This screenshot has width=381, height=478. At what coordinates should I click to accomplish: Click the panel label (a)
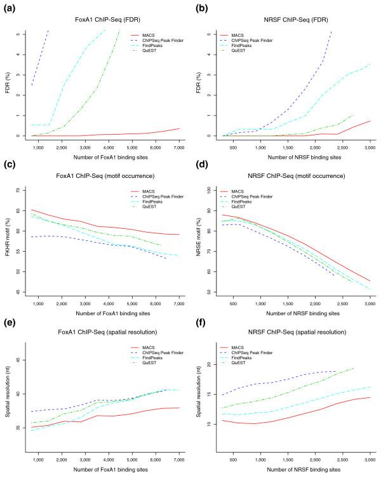pos(10,6)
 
